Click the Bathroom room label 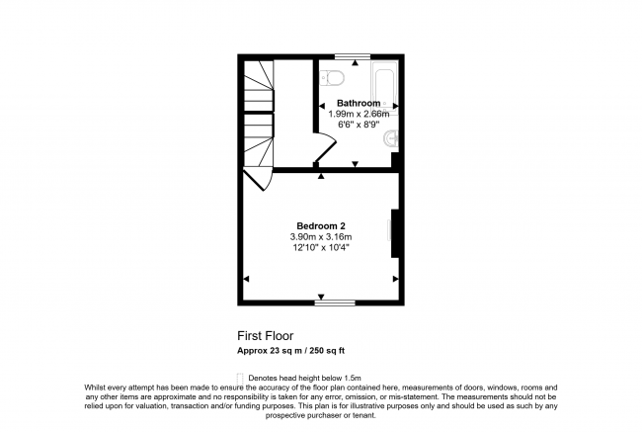coord(358,103)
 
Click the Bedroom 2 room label coord(321,225)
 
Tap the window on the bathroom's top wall coord(347,56)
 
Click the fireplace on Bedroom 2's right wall coord(394,233)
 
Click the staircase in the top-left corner coord(259,114)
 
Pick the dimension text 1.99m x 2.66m coord(359,115)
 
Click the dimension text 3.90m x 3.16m coord(321,237)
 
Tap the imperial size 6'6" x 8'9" coord(359,126)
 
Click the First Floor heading coord(265,335)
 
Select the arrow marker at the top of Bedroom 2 coord(320,177)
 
